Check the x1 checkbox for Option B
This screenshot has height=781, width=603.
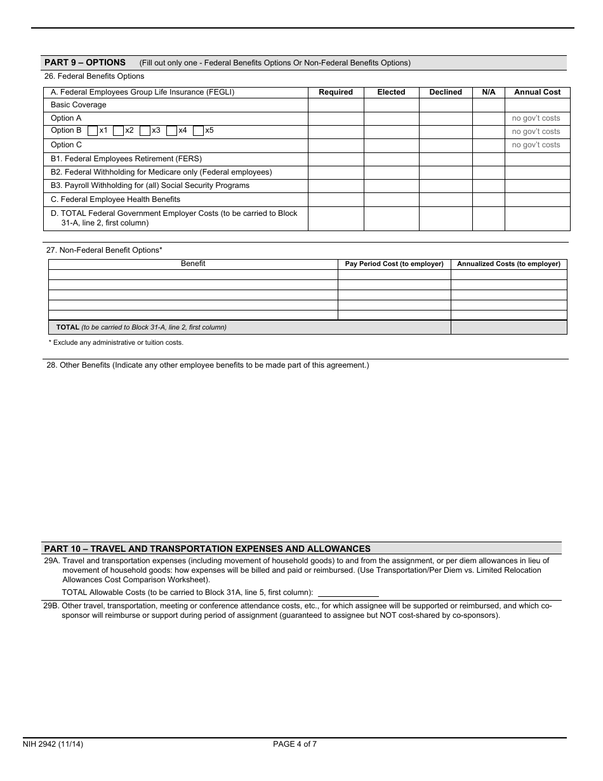point(93,131)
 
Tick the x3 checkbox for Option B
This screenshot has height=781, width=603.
point(145,131)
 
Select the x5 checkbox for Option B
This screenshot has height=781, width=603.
point(198,131)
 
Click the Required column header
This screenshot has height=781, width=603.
point(336,92)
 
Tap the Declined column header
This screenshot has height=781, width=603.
point(446,92)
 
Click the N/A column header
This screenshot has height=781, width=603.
point(489,92)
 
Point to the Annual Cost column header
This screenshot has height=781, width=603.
point(537,92)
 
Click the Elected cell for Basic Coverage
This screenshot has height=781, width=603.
point(391,105)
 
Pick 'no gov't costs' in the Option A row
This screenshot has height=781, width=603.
point(536,118)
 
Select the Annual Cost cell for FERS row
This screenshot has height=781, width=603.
point(537,159)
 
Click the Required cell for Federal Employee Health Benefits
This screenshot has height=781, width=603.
point(336,199)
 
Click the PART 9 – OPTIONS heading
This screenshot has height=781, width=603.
point(85,62)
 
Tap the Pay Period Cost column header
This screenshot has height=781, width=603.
point(394,264)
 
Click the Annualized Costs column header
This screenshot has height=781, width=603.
point(508,264)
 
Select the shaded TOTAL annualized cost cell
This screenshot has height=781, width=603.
point(508,328)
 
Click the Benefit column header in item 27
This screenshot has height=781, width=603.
point(193,264)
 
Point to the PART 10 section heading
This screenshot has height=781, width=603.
point(207,549)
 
